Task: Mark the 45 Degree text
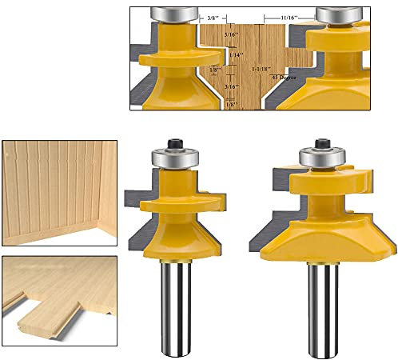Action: (x=283, y=78)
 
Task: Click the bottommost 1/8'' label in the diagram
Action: (x=232, y=105)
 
